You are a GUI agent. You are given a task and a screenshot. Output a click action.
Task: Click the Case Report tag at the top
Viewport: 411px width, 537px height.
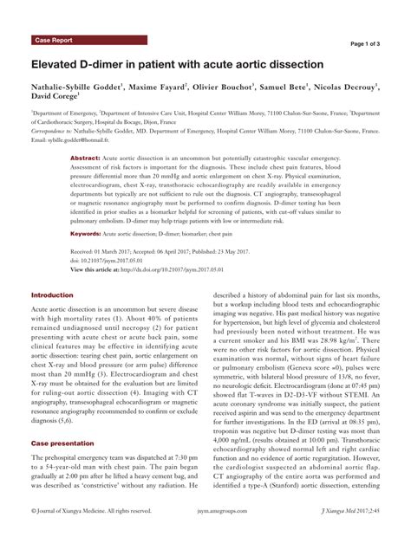pyautogui.click(x=55, y=41)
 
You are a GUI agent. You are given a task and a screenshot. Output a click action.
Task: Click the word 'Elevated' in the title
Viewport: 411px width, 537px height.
pyautogui.click(x=61, y=65)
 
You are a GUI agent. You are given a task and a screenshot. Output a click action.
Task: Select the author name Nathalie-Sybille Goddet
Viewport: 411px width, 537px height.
pyautogui.click(x=75, y=87)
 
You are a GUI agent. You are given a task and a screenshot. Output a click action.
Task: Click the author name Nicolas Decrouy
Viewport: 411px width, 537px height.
pyautogui.click(x=346, y=87)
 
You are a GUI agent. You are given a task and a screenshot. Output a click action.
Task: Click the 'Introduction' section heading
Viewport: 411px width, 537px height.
pyautogui.click(x=52, y=295)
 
